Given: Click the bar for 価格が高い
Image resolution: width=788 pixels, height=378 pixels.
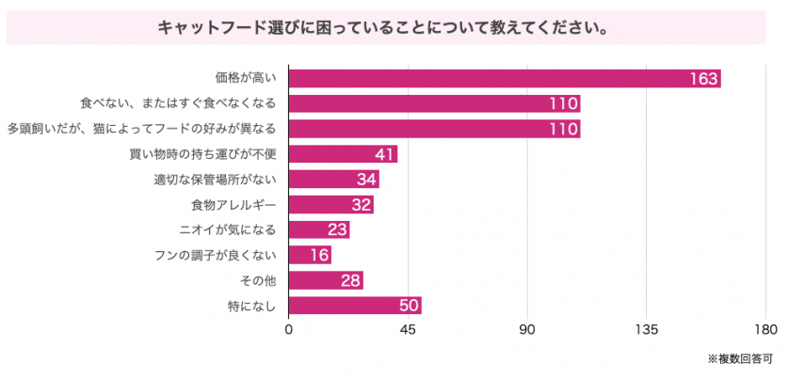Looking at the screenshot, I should click(x=504, y=78).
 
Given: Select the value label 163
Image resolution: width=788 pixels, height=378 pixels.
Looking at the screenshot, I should click(x=703, y=78).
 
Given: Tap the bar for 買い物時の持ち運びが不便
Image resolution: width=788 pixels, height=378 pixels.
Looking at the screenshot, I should click(x=343, y=154).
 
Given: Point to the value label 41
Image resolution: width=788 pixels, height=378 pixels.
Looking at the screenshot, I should click(x=383, y=154).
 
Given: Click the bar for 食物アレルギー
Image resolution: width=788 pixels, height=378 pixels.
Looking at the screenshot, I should click(x=330, y=204).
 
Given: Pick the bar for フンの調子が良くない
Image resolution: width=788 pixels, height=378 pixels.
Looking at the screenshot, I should click(x=310, y=255).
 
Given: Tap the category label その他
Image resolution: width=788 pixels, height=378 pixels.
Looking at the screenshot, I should click(x=259, y=280).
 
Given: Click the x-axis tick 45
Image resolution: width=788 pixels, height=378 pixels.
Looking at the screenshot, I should click(x=408, y=330).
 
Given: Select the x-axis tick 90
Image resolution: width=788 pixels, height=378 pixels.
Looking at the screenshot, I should click(x=527, y=330).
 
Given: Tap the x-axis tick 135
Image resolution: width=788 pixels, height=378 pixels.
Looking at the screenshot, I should click(x=646, y=330).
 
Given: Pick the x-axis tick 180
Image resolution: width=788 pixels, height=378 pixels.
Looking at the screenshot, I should click(x=765, y=330).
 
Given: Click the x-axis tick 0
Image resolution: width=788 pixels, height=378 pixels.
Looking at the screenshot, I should click(x=289, y=330).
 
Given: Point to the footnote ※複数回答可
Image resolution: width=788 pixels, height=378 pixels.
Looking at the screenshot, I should click(x=742, y=358).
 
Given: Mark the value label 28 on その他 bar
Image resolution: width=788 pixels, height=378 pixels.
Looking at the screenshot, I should click(x=349, y=280).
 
